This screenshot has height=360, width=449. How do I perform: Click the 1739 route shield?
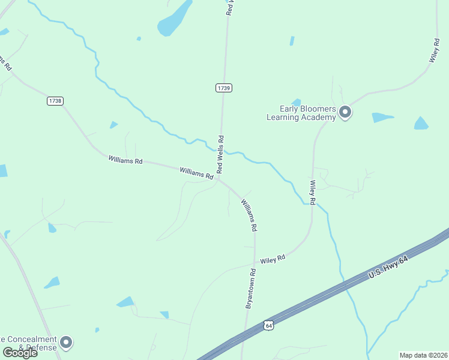pos(224,88)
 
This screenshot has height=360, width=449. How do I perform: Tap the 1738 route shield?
pos(55,101)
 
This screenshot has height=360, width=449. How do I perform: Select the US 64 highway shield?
pos(268,325)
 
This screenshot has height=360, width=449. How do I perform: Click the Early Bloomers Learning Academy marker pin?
pos(345,112)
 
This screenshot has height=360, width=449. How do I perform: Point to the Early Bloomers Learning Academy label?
pos(301,113)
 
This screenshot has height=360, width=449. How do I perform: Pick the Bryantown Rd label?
pos(251,289)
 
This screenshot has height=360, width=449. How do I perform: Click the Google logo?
pos(20,352)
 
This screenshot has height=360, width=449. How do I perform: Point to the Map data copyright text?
pos(423,355)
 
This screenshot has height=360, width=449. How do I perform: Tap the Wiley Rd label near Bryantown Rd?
pos(272,259)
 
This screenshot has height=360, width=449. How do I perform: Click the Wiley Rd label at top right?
pos(435,50)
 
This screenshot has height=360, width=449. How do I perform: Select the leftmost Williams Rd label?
pos(125,161)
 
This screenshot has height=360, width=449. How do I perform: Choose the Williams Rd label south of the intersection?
pos(249,215)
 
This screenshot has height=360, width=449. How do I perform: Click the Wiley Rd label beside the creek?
pos(312,192)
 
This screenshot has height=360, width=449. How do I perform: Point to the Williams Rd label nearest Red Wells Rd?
pos(196,173)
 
